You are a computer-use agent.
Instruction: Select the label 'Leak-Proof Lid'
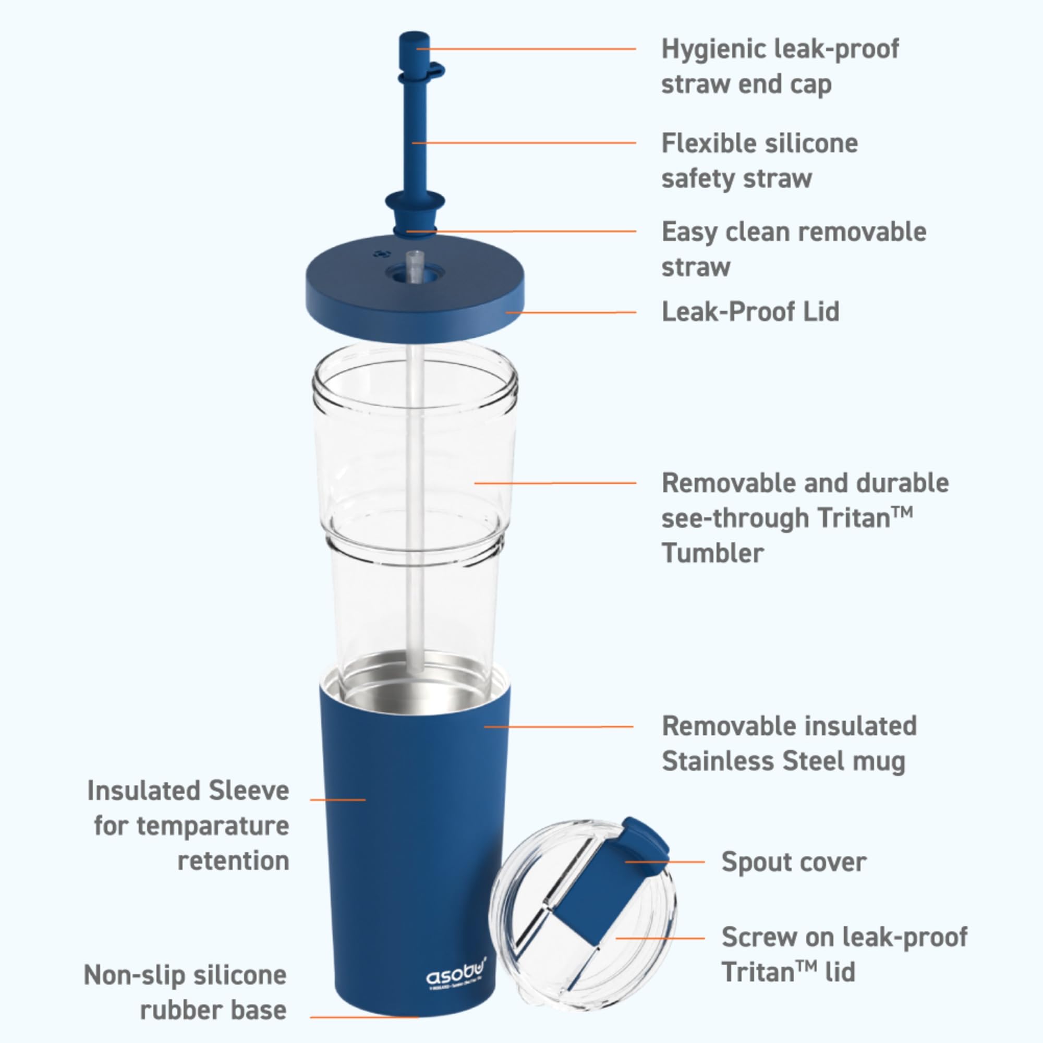pos(750,312)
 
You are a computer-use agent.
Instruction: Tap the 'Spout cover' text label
pos(793,862)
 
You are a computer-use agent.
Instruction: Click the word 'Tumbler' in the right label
pos(712,553)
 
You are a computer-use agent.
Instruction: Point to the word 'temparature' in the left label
pos(213,826)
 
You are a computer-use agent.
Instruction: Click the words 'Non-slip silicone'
pos(185,975)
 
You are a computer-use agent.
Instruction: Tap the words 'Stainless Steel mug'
pos(783,761)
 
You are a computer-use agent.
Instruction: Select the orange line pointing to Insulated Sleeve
pos(337,799)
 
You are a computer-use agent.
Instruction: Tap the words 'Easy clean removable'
pos(793,232)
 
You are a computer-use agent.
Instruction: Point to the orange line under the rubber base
pos(365,1017)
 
